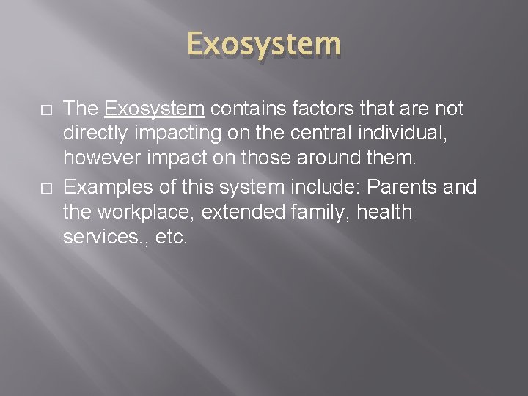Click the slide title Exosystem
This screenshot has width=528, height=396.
pos(263,44)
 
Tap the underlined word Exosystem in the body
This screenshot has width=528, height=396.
pos(154,109)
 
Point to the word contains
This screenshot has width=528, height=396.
pos(245,109)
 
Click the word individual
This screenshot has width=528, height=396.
pos(417,135)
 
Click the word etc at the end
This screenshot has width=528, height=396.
pos(172,238)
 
